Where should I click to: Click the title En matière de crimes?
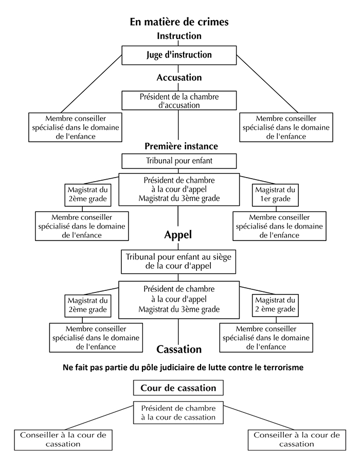click(x=179, y=22)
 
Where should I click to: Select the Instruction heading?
click(x=179, y=36)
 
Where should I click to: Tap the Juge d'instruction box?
click(x=179, y=55)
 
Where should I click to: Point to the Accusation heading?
click(x=179, y=77)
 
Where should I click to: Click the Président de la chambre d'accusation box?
click(x=179, y=100)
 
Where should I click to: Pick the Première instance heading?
click(x=182, y=146)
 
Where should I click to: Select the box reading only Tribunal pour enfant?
click(x=179, y=161)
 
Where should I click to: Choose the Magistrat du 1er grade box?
click(x=275, y=195)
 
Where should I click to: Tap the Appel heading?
click(x=178, y=235)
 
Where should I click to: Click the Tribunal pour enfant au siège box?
click(x=178, y=262)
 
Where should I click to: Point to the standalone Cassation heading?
click(x=179, y=349)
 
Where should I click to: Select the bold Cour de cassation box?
click(x=178, y=388)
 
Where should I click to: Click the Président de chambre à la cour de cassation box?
click(x=178, y=412)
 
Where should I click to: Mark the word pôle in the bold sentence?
click(x=151, y=368)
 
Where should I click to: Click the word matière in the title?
click(x=161, y=22)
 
